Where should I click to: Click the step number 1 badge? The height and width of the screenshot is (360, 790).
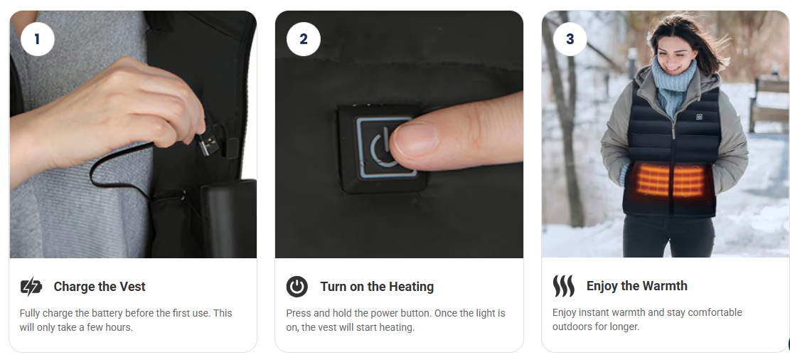37,39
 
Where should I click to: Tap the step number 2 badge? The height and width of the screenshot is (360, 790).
304,39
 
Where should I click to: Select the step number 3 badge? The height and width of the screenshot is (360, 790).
570,39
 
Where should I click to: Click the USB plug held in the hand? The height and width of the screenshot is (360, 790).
208,143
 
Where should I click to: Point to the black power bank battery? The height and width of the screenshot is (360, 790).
229,217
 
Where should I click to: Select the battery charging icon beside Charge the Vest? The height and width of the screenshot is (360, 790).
31,287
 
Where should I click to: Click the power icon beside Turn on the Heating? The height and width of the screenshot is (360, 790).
297,287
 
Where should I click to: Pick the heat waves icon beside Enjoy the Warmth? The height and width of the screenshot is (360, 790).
563,286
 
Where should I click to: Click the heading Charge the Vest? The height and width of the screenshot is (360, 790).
100,287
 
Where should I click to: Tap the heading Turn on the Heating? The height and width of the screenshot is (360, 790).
377,287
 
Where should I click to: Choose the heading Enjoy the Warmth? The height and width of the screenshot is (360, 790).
637,286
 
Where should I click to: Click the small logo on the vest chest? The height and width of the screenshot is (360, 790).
699,117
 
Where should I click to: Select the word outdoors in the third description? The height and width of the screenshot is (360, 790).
572,327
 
